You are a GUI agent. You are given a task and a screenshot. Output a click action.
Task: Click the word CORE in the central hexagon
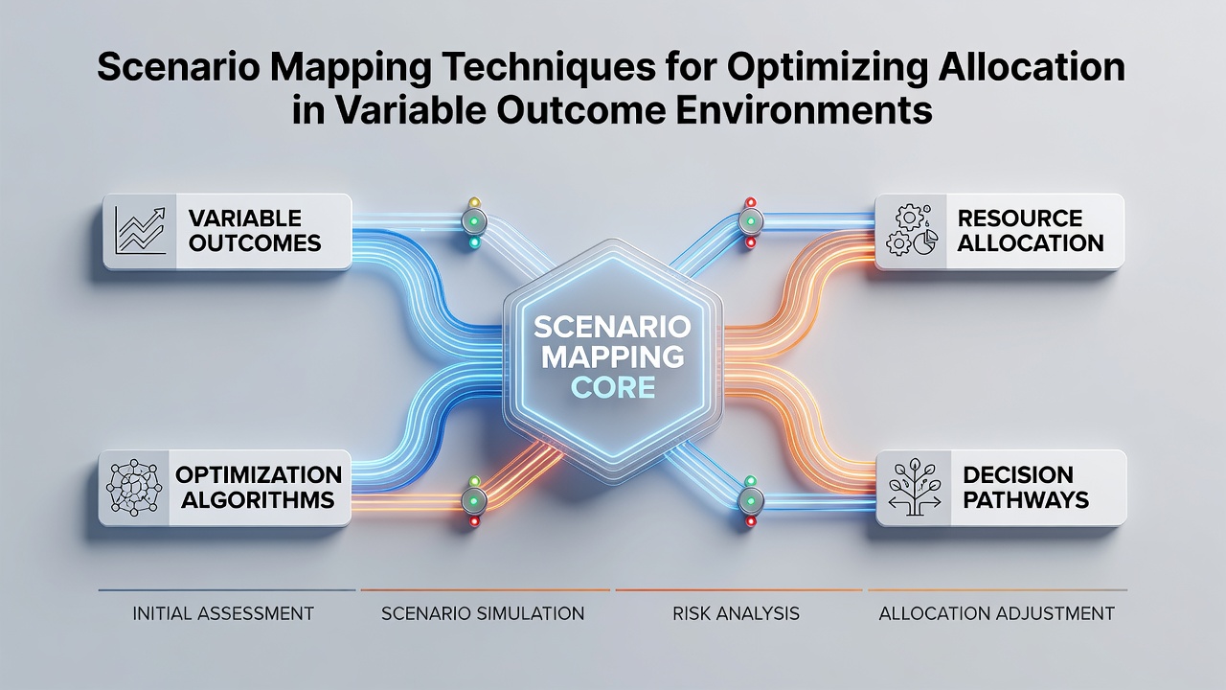[x=613, y=387]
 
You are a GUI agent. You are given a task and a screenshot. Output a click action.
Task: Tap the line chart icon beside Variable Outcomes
[x=140, y=231]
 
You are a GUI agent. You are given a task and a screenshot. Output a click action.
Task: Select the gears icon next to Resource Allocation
[x=911, y=231]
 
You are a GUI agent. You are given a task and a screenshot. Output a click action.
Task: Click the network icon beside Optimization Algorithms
[x=134, y=487]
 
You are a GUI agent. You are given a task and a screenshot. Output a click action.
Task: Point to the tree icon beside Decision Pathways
[x=914, y=488]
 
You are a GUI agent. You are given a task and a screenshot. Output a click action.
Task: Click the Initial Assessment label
[x=223, y=613]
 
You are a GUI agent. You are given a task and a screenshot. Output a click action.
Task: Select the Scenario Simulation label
[x=483, y=613]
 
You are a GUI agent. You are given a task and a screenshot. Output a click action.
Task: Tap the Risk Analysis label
[x=737, y=613]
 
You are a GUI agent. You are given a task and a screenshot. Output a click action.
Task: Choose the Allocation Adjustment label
[x=997, y=613]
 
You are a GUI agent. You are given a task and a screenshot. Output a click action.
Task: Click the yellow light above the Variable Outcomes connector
[x=474, y=202]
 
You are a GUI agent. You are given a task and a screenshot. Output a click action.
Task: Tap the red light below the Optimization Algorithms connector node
[x=474, y=521]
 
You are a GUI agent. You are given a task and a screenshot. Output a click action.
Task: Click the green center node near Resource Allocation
[x=750, y=221]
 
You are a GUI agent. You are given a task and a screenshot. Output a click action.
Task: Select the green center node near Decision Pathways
[x=750, y=501]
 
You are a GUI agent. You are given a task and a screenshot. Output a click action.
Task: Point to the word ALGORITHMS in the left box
[x=258, y=500]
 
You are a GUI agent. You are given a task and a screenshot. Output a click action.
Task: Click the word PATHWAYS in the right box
[x=1026, y=500]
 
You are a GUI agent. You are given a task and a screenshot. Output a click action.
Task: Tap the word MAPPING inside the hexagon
[x=612, y=356]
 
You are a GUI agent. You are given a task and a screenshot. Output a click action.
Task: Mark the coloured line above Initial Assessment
[x=227, y=590]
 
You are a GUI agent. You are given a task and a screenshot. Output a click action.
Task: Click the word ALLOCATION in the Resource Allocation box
[x=1031, y=243]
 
